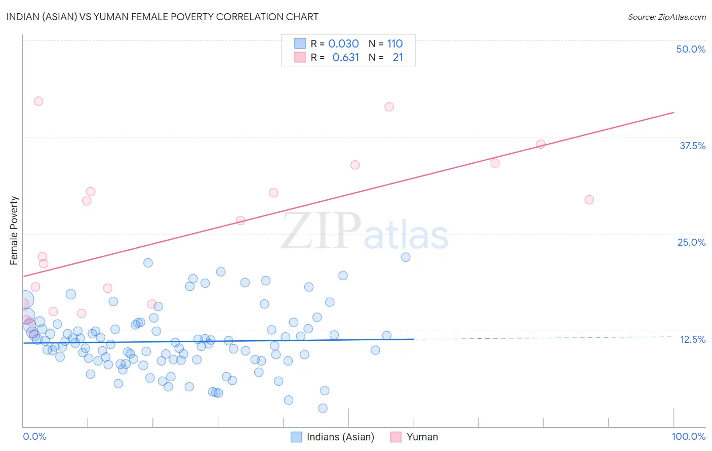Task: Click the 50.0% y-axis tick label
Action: click(691, 49)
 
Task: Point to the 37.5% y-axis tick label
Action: click(692, 146)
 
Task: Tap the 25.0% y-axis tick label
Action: click(691, 242)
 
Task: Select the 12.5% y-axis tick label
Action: click(692, 339)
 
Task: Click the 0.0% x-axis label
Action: click(34, 436)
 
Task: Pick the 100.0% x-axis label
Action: click(688, 436)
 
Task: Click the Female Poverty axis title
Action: click(14, 231)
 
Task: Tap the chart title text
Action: click(162, 17)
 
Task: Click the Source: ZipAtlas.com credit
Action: click(666, 17)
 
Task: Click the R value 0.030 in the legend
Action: click(343, 43)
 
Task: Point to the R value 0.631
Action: click(345, 58)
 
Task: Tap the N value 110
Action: click(395, 43)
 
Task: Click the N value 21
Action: click(398, 58)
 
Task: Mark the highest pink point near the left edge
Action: click(38, 101)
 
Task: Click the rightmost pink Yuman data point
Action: click(589, 200)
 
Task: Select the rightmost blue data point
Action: click(406, 257)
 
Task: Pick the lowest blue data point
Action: click(323, 408)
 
